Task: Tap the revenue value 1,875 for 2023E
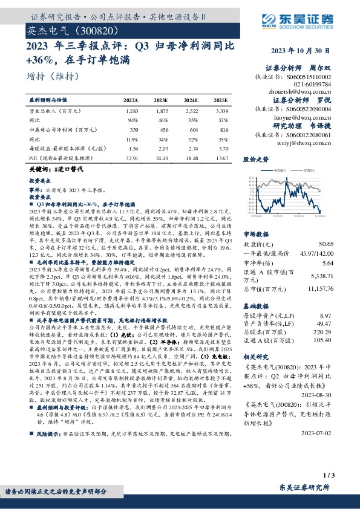point(161,112)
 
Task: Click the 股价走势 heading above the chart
point(256,160)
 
